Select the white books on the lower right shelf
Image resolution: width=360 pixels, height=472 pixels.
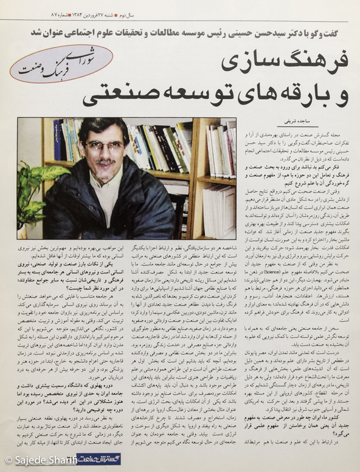[219, 207]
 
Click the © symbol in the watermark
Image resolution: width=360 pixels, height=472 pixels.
[8, 462]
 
